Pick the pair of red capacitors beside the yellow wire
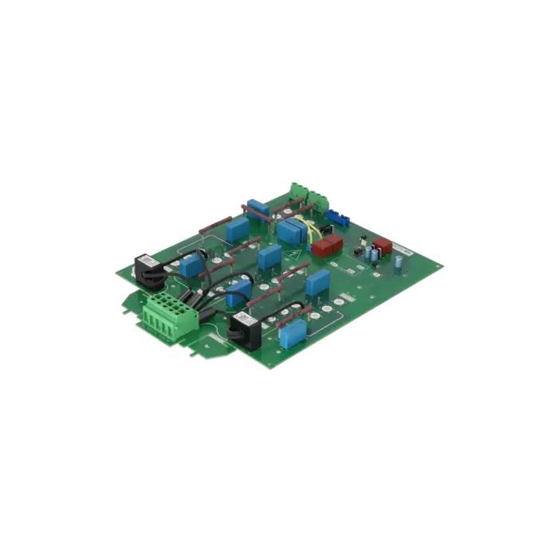point(326,245)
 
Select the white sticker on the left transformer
point(148,259)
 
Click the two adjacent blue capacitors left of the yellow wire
point(289,231)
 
